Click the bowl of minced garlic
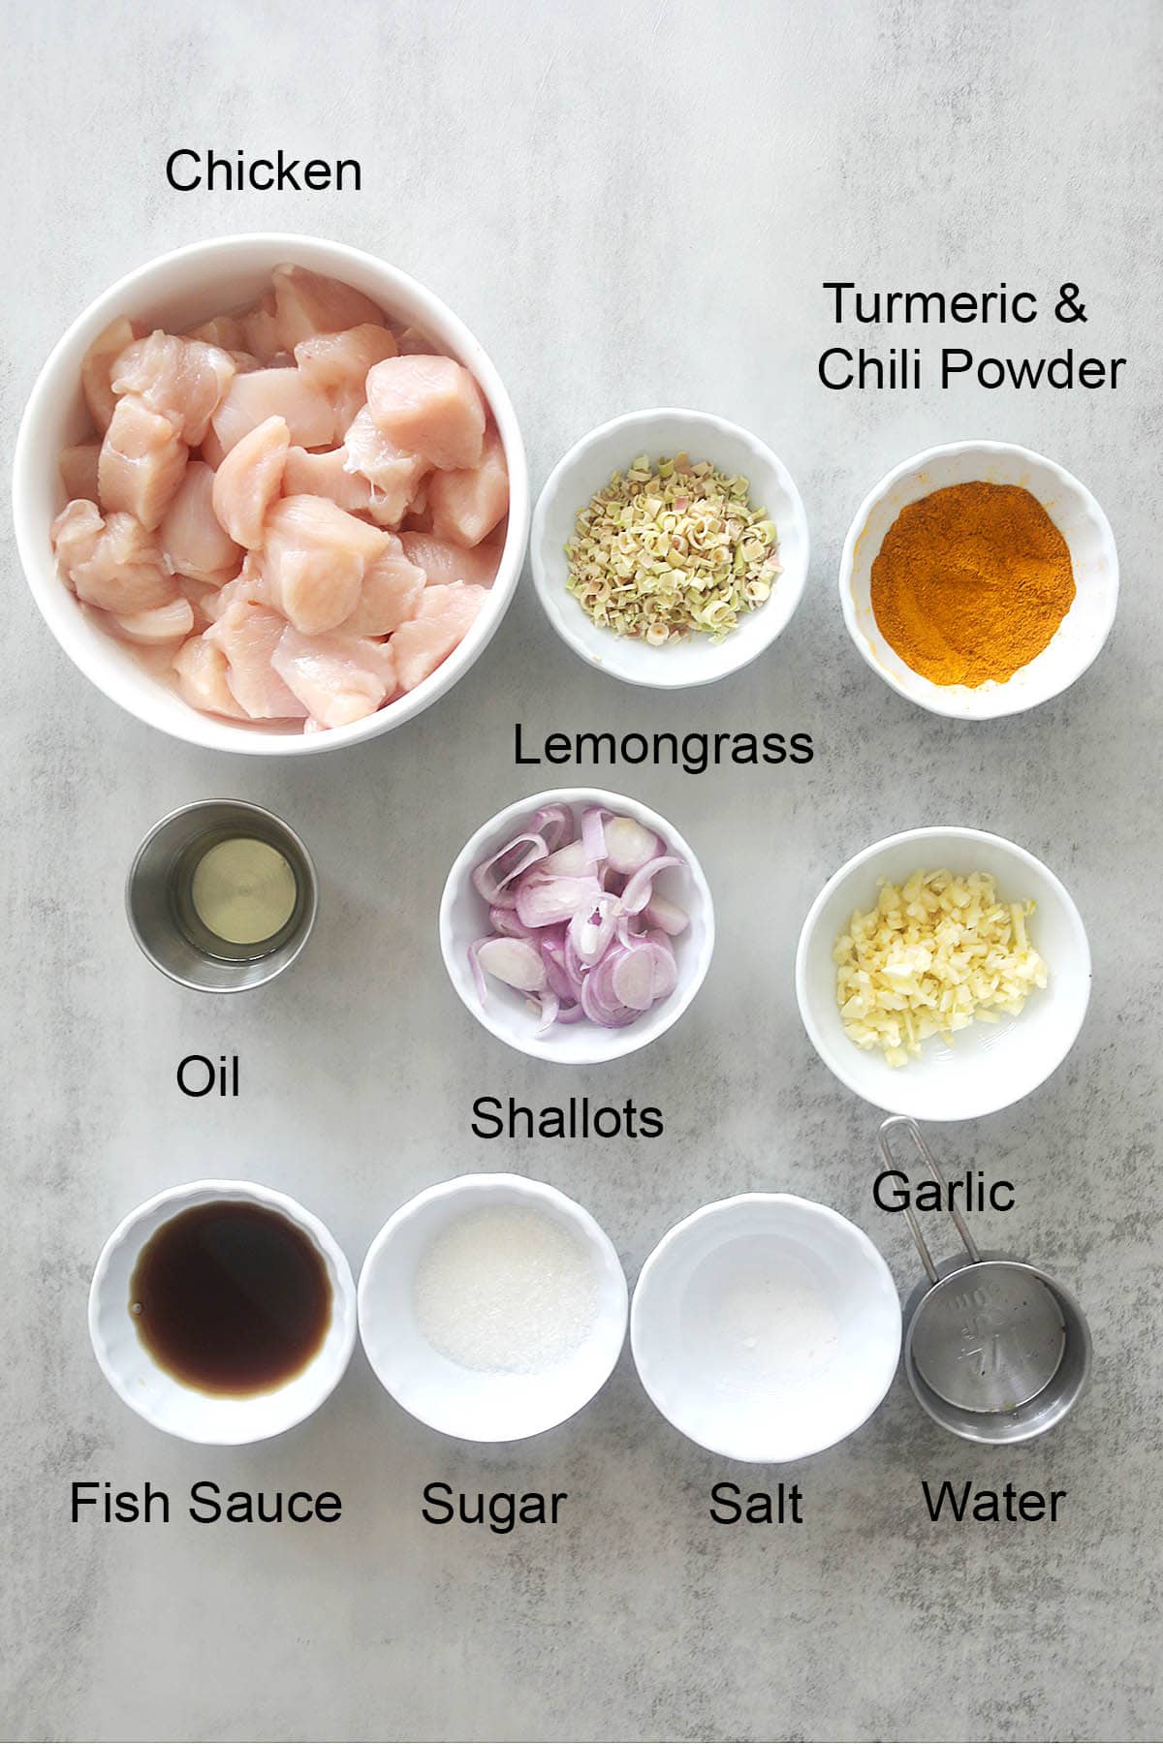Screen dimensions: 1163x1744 pyautogui.click(x=942, y=974)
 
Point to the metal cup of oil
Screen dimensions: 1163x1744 pyautogui.click(x=222, y=895)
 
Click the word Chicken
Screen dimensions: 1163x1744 pyautogui.click(x=264, y=171)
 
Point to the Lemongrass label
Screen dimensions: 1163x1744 pyautogui.click(x=663, y=746)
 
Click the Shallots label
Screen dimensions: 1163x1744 pyautogui.click(x=567, y=1119)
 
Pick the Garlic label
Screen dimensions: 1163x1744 pyautogui.click(x=943, y=1191)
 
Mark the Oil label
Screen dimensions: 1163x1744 pyautogui.click(x=208, y=1076)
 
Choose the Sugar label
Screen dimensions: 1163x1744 pyautogui.click(x=493, y=1507)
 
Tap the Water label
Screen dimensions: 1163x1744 pyautogui.click(x=994, y=1503)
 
